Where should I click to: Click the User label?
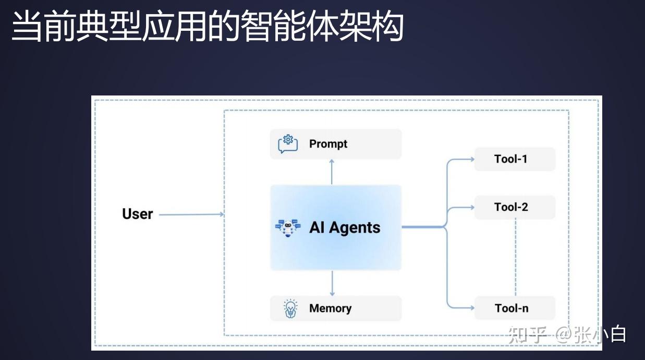point(137,214)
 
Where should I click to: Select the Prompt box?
point(336,144)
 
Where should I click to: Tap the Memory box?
point(336,308)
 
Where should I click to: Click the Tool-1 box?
point(514,159)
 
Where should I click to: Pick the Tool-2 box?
point(514,207)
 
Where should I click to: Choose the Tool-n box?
point(514,308)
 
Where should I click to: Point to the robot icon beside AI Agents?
point(288,228)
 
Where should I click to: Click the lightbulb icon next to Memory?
point(289,308)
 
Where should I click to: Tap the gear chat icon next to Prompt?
point(288,144)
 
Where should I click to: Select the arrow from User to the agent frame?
point(191,214)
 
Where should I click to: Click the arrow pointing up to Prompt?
point(332,172)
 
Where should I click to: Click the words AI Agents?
point(345,228)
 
